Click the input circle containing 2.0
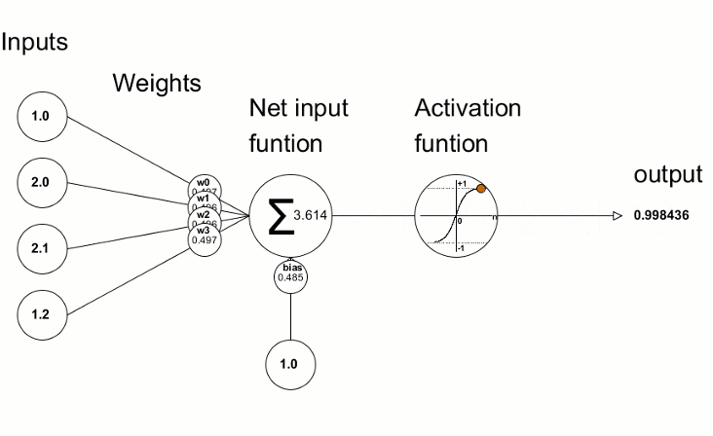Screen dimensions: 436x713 click(x=39, y=181)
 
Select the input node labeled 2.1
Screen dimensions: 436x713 click(x=39, y=247)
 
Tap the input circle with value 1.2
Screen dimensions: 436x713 click(x=39, y=312)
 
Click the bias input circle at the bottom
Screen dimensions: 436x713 click(x=290, y=364)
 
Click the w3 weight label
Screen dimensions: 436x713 click(x=205, y=230)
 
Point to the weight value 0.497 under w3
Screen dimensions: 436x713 click(x=205, y=239)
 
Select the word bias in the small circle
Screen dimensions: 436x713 click(x=290, y=267)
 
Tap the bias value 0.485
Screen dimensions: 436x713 click(x=290, y=277)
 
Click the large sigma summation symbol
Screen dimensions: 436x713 click(x=280, y=217)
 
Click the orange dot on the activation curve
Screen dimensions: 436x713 click(x=481, y=189)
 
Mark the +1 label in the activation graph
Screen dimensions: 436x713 click(x=461, y=184)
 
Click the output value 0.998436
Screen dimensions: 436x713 click(x=661, y=216)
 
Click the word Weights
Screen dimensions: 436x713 click(x=157, y=83)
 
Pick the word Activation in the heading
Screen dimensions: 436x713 click(x=467, y=108)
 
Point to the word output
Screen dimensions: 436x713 click(x=667, y=174)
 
